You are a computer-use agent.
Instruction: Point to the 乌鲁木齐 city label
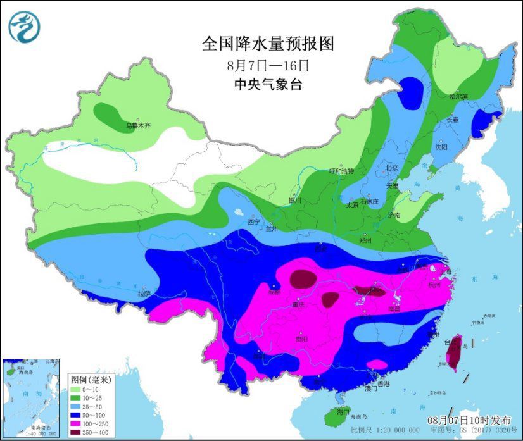(x=139, y=126)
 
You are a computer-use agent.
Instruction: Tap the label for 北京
(x=393, y=168)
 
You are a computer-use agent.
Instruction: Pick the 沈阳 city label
(x=441, y=147)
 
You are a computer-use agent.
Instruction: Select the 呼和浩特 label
(x=342, y=171)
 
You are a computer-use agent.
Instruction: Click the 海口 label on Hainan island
(x=344, y=412)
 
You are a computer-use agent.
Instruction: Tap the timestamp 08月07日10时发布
(x=469, y=420)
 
